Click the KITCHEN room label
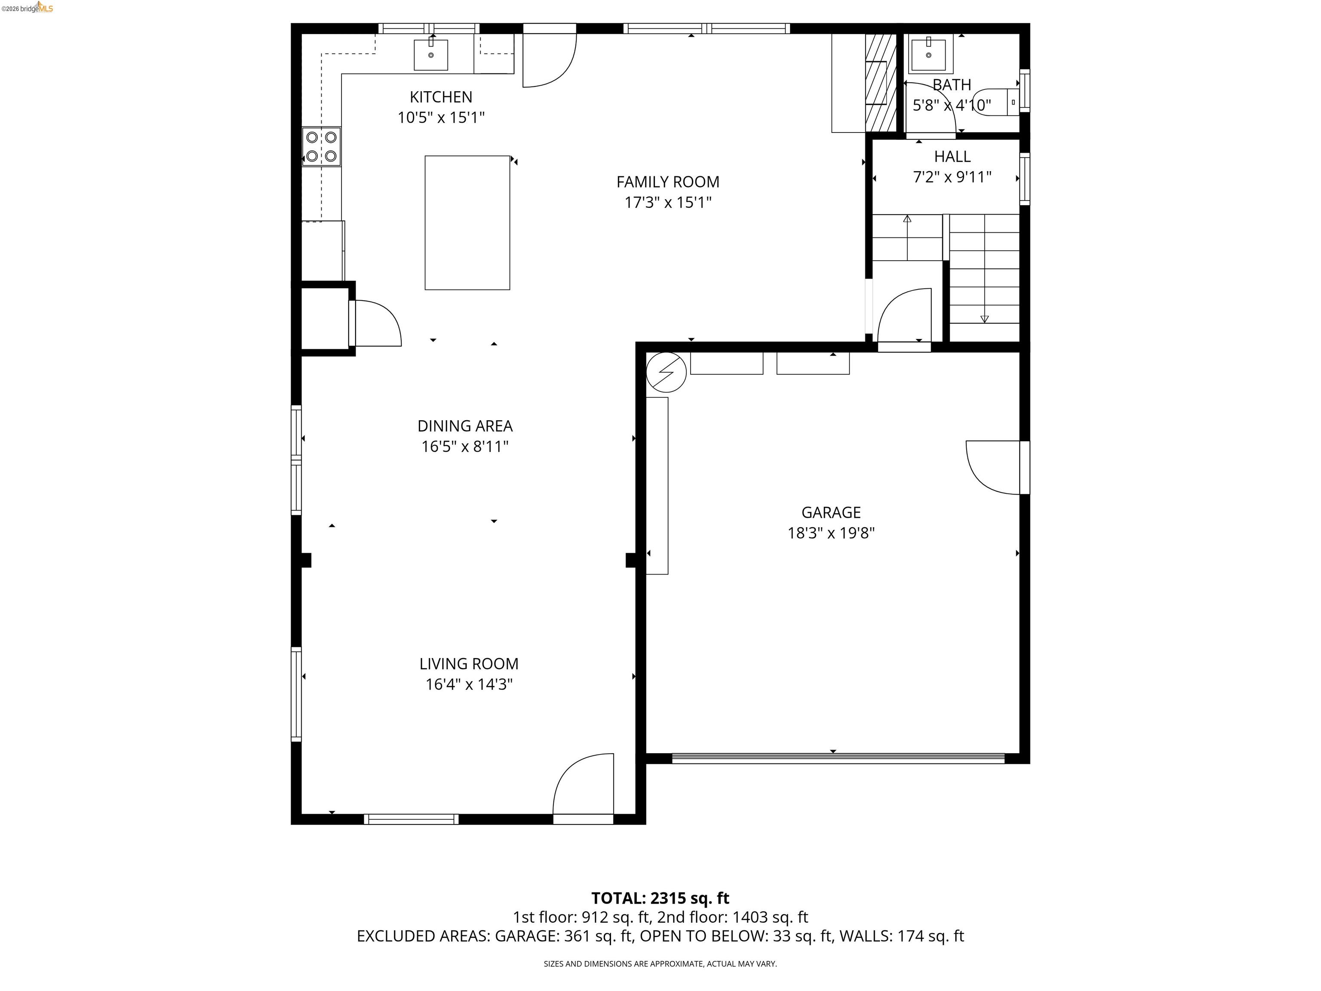[x=441, y=97]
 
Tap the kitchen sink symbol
[x=430, y=54]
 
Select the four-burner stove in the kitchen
[x=321, y=146]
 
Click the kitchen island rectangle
[x=467, y=223]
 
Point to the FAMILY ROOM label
[x=668, y=182]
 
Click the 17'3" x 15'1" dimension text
[x=668, y=203]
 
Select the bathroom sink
[x=929, y=54]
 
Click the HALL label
[x=952, y=157]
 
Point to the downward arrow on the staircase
[x=984, y=318]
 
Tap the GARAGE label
[x=831, y=513]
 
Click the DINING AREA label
[x=464, y=426]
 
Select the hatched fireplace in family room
[x=880, y=83]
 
